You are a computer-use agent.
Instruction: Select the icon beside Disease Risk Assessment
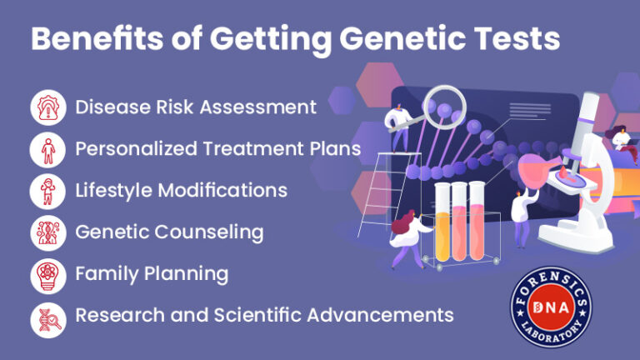tap(47, 107)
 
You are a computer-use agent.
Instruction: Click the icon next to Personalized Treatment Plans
tap(47, 149)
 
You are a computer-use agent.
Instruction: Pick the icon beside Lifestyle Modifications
tap(47, 191)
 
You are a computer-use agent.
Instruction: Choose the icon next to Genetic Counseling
tap(47, 232)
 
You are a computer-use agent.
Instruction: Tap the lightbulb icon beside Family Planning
tap(47, 274)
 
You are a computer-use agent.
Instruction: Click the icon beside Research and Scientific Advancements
tap(47, 316)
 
